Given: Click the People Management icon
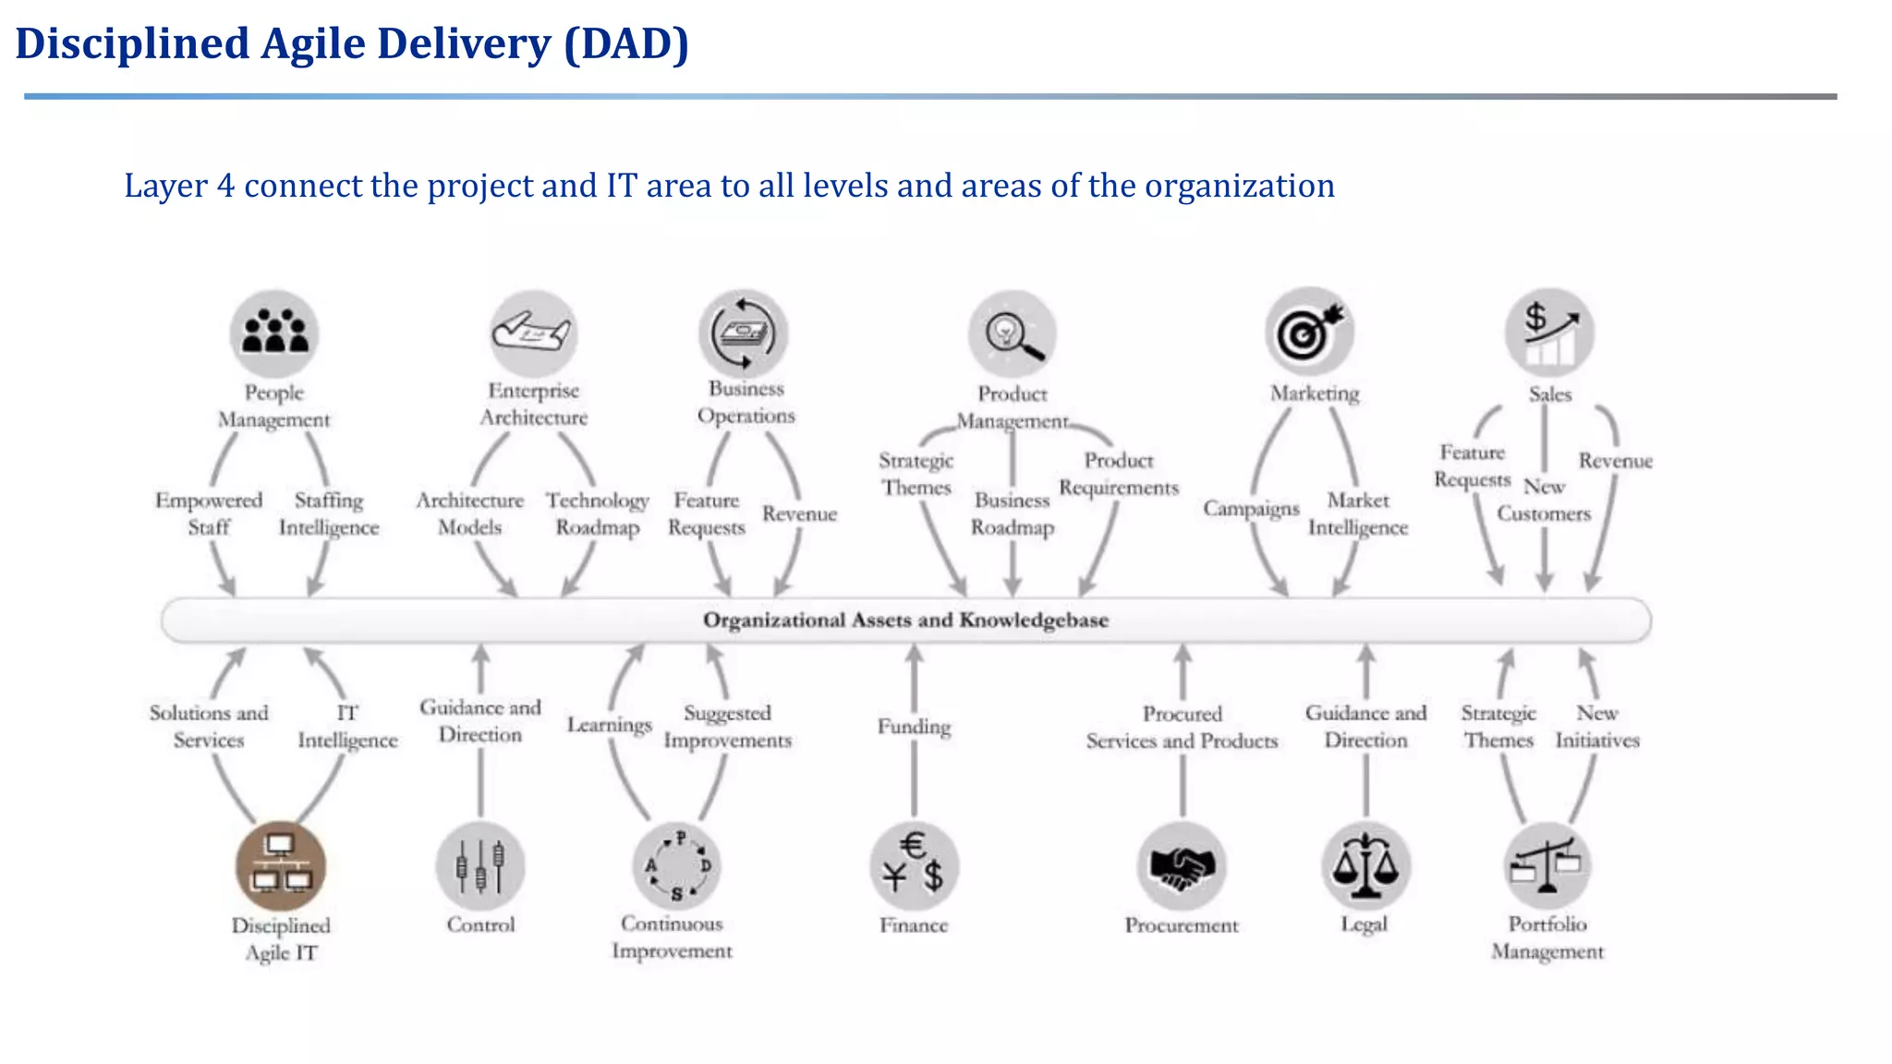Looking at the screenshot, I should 274,333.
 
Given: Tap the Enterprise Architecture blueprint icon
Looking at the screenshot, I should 533,333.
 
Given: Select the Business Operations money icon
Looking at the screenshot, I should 745,333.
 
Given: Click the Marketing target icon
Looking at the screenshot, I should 1310,332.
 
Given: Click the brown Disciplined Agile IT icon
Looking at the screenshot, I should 281,865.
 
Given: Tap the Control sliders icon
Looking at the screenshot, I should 480,866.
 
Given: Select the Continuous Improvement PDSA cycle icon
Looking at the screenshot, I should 677,866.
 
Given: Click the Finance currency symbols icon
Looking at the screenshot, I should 914,865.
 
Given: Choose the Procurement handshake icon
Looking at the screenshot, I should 1182,866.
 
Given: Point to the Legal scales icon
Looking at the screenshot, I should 1365,865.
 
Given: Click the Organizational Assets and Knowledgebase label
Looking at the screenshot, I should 905,620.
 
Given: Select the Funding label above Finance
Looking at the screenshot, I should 914,727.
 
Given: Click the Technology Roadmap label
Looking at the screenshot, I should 597,514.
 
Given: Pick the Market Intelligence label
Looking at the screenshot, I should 1358,514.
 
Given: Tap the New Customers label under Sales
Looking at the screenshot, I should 1544,500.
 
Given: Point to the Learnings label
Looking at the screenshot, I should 610,725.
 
